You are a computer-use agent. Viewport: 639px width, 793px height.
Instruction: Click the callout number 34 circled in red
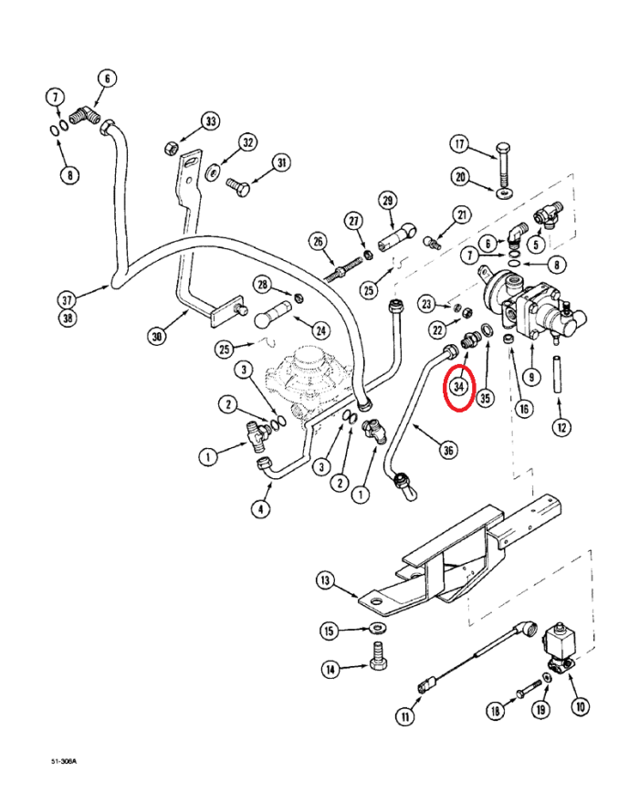(x=460, y=387)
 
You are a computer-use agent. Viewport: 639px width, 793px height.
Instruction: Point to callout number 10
(x=581, y=705)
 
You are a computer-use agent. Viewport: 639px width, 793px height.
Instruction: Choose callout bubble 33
(x=211, y=120)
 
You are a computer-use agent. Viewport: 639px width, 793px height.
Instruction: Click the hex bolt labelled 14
(x=375, y=655)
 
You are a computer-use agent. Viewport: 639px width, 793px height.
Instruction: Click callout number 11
(x=404, y=717)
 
